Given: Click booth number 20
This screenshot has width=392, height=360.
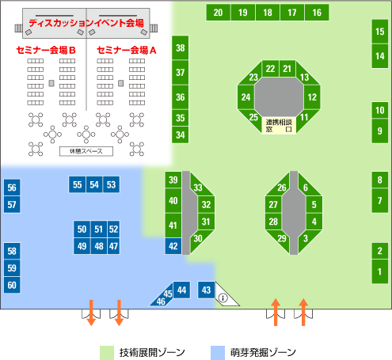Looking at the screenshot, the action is [218, 13].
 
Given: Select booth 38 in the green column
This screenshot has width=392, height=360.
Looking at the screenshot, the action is [181, 47].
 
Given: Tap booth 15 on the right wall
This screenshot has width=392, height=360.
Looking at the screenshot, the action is [380, 32].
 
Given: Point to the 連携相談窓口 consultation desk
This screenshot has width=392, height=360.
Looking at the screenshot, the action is [279, 126].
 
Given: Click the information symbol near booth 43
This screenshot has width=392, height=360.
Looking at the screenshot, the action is [223, 298].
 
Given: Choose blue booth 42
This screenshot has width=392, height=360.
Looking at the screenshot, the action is [173, 246].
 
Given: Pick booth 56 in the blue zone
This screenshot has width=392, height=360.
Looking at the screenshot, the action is [12, 188].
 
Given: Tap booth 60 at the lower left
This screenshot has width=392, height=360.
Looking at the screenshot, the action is [12, 285].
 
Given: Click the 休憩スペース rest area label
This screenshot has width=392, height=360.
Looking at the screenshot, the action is [86, 151].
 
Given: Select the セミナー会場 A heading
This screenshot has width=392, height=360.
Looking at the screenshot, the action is [127, 50].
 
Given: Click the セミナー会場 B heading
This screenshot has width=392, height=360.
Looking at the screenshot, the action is [46, 50].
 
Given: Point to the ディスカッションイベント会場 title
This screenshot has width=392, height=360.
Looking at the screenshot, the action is [86, 23].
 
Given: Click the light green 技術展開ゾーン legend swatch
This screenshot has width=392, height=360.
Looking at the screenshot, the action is [107, 353].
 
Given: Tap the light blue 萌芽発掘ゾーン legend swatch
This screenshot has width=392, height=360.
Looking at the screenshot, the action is [218, 353].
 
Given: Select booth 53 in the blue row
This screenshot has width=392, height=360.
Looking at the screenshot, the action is [111, 184].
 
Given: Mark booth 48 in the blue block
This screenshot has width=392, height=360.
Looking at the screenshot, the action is [99, 246].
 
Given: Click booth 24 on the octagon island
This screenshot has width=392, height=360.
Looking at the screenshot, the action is [245, 97].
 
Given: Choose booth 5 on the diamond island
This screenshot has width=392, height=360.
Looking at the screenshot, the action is [314, 204].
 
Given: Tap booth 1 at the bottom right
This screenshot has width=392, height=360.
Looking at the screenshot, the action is [380, 271].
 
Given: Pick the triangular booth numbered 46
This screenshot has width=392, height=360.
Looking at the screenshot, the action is [162, 301].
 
